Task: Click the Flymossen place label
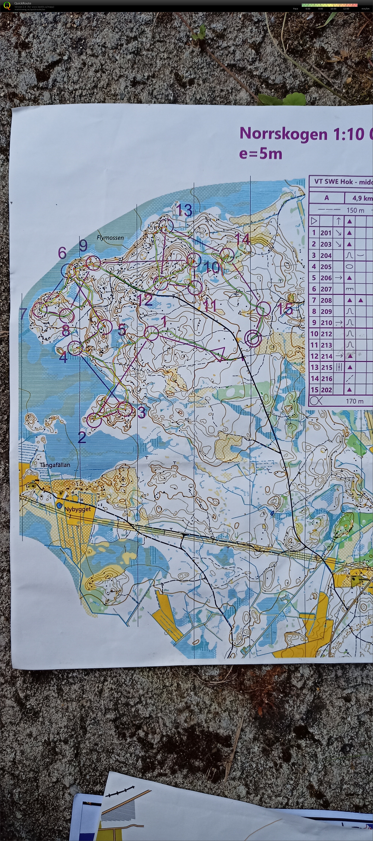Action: (x=110, y=238)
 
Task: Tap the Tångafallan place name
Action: (x=55, y=465)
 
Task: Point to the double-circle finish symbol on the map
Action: (x=253, y=338)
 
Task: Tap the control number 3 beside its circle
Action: (x=142, y=413)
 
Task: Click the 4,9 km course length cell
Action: (x=362, y=198)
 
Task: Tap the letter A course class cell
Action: (x=326, y=198)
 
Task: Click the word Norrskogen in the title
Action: (x=283, y=134)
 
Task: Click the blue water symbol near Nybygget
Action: (x=59, y=505)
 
